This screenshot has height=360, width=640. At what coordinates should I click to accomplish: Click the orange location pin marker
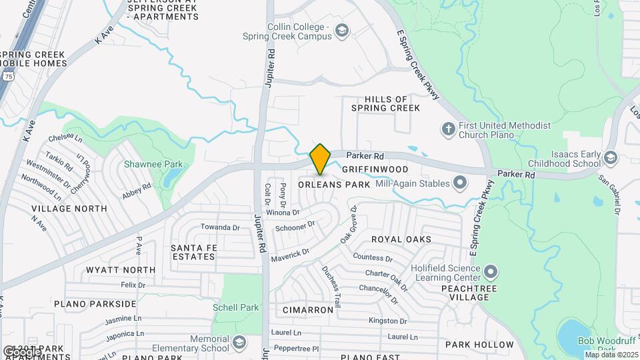pyautogui.click(x=321, y=159)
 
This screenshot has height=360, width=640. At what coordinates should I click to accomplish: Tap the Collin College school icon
pyautogui.click(x=342, y=31)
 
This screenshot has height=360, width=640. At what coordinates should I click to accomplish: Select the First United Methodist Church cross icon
pyautogui.click(x=449, y=129)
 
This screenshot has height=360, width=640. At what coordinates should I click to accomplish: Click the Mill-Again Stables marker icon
pyautogui.click(x=459, y=182)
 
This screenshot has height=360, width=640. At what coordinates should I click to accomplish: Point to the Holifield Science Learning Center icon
pyautogui.click(x=491, y=271)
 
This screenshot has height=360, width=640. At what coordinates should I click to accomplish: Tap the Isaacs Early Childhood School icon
pyautogui.click(x=611, y=157)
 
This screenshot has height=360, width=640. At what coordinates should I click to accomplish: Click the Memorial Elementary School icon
pyautogui.click(x=239, y=343)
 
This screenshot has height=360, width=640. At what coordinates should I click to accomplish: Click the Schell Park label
pyautogui.click(x=235, y=307)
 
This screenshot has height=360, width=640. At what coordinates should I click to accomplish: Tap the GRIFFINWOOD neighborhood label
pyautogui.click(x=375, y=169)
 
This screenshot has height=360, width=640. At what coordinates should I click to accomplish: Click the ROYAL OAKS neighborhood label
pyautogui.click(x=401, y=239)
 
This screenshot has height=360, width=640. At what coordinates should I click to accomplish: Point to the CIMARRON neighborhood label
pyautogui.click(x=307, y=310)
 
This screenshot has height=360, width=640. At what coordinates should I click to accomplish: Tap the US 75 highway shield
pyautogui.click(x=8, y=77)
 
